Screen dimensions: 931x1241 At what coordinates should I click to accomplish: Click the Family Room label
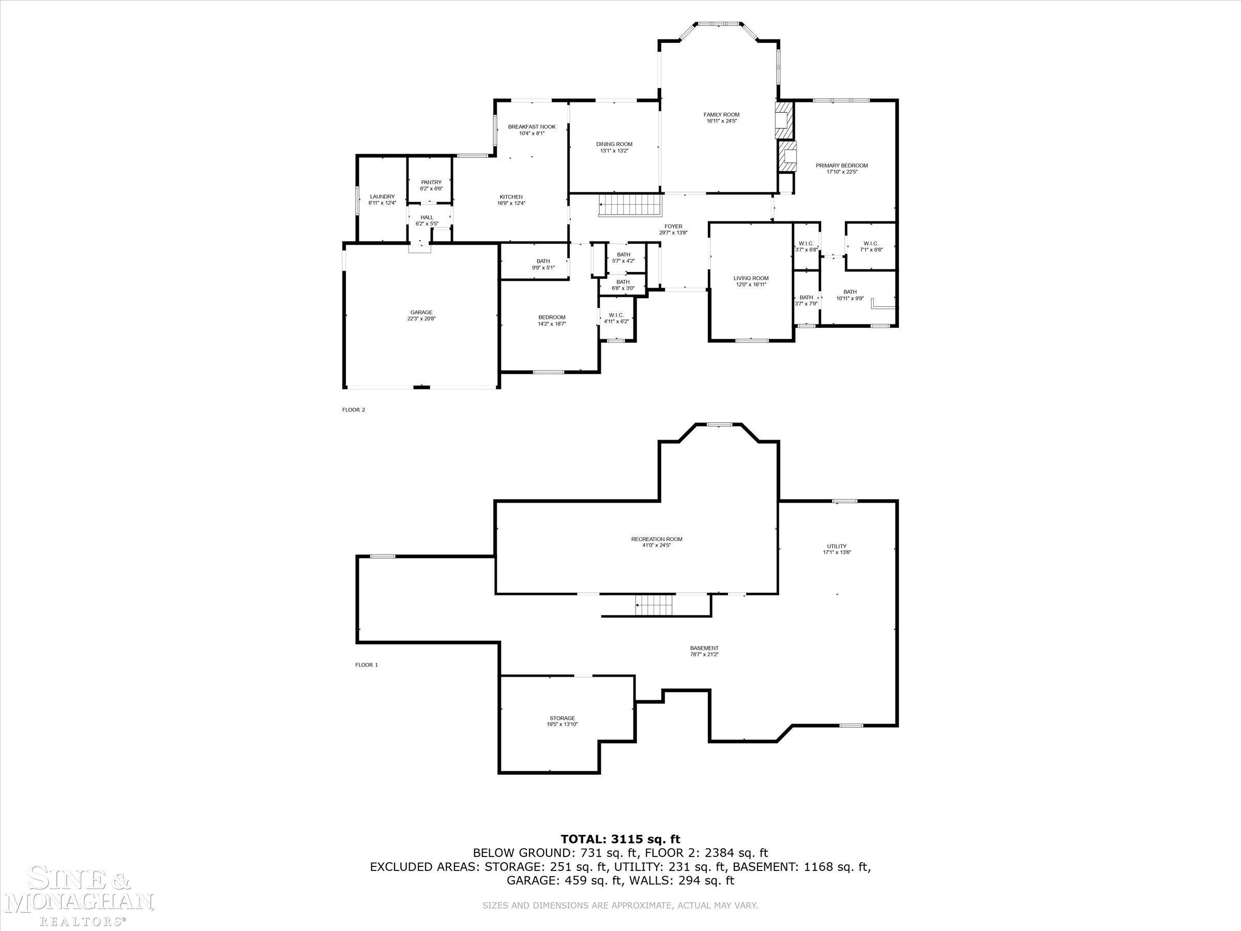721,114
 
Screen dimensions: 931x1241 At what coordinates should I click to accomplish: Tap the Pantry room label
431,183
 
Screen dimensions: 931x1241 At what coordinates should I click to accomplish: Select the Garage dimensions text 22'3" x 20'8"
421,319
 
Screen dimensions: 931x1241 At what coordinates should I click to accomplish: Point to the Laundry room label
382,197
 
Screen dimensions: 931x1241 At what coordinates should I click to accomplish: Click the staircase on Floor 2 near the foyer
630,205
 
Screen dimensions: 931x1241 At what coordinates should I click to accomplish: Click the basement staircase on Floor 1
654,606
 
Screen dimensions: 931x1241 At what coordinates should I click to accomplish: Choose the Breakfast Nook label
531,127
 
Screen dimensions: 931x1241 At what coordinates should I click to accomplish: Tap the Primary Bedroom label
841,166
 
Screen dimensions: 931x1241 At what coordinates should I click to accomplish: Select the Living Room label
751,278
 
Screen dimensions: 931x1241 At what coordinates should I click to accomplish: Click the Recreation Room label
656,539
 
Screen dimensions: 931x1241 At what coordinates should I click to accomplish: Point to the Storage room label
562,718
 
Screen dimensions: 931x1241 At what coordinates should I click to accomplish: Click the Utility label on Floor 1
836,546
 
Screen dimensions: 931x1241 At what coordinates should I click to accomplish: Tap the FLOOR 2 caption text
354,410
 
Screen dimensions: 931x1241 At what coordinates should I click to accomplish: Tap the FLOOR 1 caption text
366,665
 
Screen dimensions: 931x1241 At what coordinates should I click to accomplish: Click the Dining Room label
614,144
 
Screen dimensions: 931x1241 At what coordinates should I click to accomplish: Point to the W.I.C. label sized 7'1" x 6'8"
871,244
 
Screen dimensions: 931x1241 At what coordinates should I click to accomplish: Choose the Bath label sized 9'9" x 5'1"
542,261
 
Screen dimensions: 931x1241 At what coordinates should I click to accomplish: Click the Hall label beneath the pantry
427,217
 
